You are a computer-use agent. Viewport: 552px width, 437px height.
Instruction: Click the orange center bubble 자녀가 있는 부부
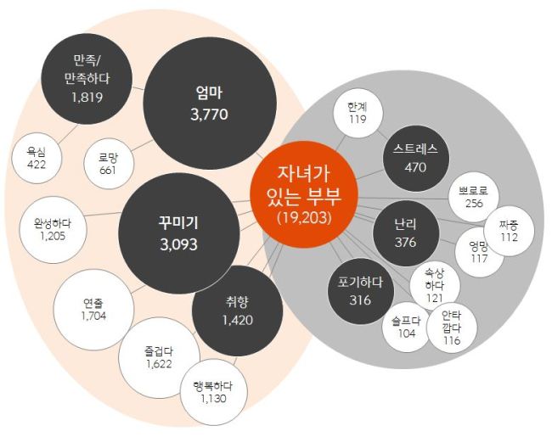(304, 194)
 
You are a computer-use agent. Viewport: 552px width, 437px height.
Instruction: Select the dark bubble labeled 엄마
(210, 103)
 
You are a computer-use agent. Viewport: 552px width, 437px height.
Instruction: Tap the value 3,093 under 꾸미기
(179, 244)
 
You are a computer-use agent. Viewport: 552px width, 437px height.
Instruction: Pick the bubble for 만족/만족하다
(87, 79)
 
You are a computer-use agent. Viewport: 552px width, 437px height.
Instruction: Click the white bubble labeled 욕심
(37, 158)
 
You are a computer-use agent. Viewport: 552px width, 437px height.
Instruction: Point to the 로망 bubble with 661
(109, 164)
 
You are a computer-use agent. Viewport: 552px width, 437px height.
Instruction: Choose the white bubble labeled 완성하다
(53, 230)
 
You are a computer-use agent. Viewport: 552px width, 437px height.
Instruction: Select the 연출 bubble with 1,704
(93, 310)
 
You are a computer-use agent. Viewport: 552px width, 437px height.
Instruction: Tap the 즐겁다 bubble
(159, 358)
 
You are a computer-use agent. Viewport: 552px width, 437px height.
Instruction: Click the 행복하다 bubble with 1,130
(214, 392)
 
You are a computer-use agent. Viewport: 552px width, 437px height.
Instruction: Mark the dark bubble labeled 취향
(237, 311)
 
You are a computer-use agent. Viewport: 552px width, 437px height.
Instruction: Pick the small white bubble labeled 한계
(358, 113)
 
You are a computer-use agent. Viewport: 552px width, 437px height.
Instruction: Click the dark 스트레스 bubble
(416, 159)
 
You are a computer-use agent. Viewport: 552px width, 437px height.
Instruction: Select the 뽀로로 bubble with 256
(474, 197)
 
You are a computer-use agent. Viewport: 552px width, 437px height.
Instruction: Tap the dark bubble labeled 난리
(406, 233)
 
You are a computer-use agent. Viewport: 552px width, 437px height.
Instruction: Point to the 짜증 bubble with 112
(509, 231)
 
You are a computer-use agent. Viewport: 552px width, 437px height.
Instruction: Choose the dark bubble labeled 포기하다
(360, 291)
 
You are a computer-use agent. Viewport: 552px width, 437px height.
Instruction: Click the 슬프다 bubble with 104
(408, 328)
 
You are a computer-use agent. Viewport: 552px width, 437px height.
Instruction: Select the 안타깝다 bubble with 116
(452, 328)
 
